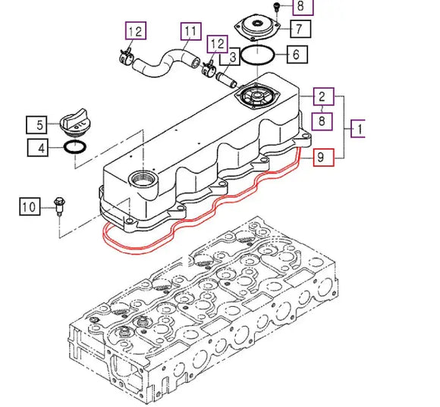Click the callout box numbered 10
click(x=30, y=207)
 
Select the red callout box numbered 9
click(x=323, y=157)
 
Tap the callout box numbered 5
click(x=36, y=125)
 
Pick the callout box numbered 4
click(x=38, y=148)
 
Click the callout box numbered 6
click(x=297, y=55)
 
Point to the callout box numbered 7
click(x=300, y=29)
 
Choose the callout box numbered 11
click(x=191, y=31)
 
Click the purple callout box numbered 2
click(x=323, y=96)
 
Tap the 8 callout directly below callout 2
click(x=322, y=121)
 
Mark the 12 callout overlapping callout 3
click(x=218, y=44)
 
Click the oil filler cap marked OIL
click(x=75, y=123)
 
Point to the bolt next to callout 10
click(x=59, y=206)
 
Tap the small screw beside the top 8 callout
click(x=277, y=7)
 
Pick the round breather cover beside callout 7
click(x=257, y=27)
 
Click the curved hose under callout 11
click(x=166, y=63)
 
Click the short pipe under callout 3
click(x=227, y=80)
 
